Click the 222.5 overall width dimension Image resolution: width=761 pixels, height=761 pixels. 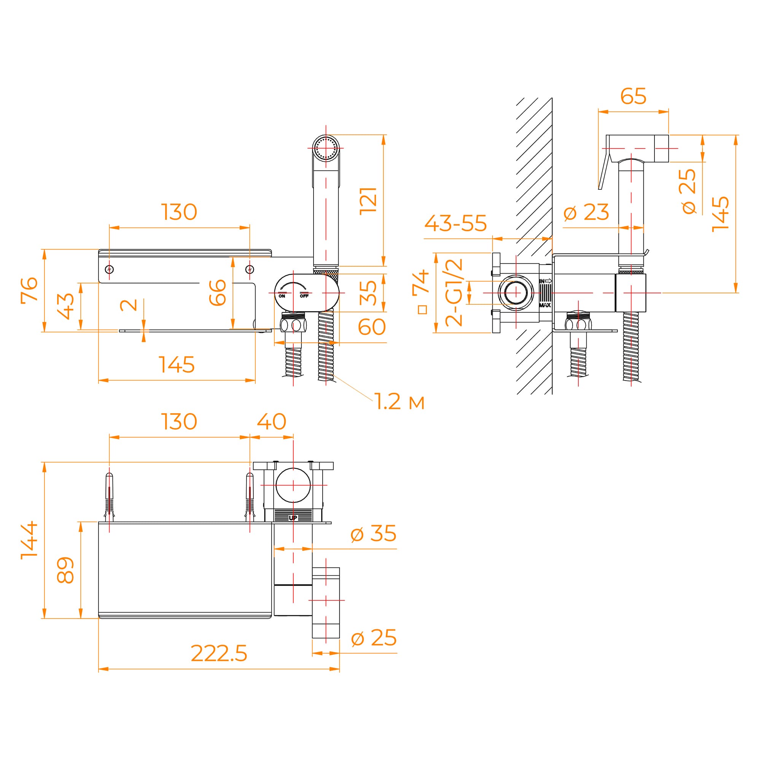[x=219, y=653]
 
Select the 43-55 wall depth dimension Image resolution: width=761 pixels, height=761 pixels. [x=455, y=223]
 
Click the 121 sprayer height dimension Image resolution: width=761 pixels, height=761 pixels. [x=368, y=201]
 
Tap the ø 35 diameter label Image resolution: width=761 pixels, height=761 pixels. [x=373, y=533]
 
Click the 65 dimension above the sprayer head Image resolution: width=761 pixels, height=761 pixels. [x=633, y=96]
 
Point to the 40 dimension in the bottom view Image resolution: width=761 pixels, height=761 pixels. [x=271, y=422]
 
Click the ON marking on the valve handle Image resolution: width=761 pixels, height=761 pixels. [x=282, y=296]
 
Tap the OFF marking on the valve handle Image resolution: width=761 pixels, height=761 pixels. [x=304, y=296]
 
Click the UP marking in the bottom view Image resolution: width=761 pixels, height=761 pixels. [x=293, y=518]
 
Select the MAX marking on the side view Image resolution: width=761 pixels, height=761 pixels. [x=545, y=305]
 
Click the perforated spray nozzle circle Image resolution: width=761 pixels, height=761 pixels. [x=326, y=148]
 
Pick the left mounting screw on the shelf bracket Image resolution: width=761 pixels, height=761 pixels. [x=110, y=269]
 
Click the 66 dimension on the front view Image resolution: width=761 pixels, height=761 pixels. [x=217, y=292]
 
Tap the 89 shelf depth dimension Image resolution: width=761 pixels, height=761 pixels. [x=65, y=570]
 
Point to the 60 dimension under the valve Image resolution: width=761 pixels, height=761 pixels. [x=371, y=327]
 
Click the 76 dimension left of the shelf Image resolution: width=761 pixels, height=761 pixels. [x=30, y=290]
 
